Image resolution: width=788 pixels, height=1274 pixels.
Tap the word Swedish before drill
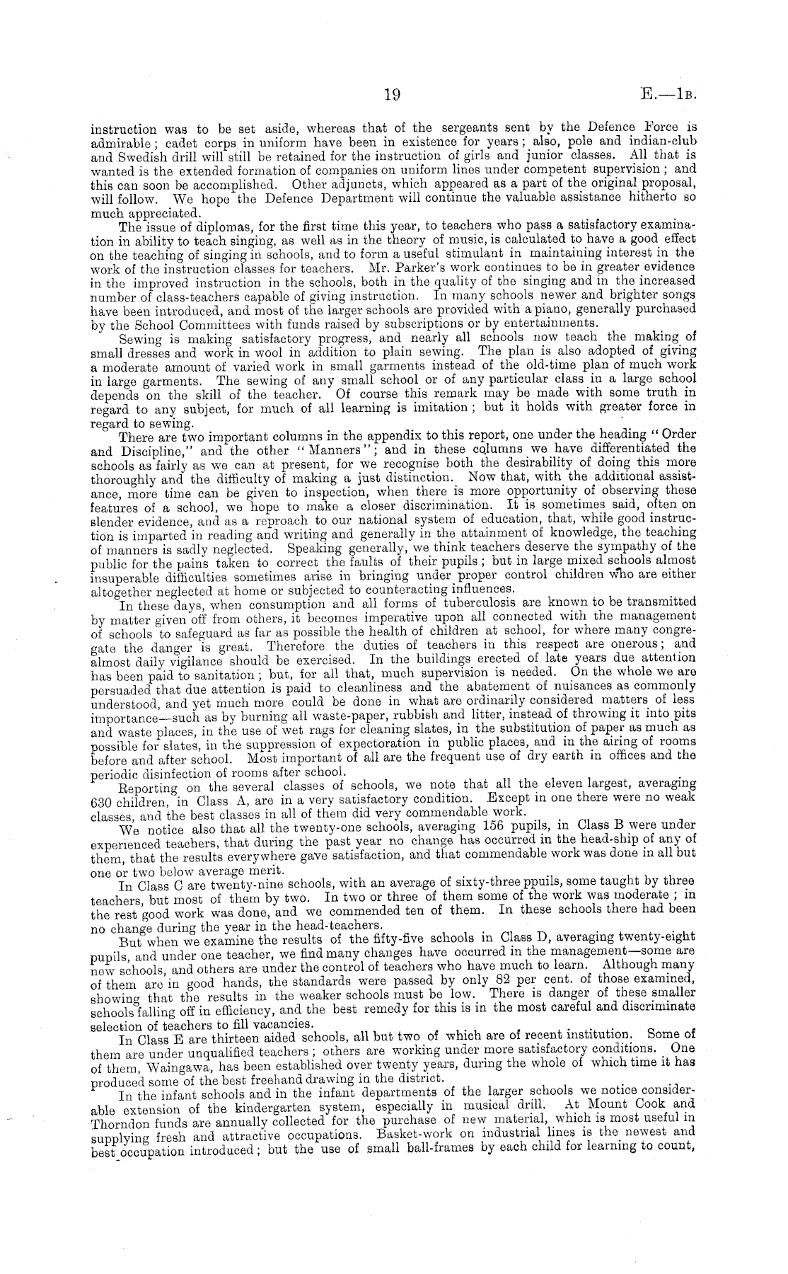(x=132, y=154)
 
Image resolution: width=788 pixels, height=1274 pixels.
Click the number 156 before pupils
(x=493, y=825)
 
